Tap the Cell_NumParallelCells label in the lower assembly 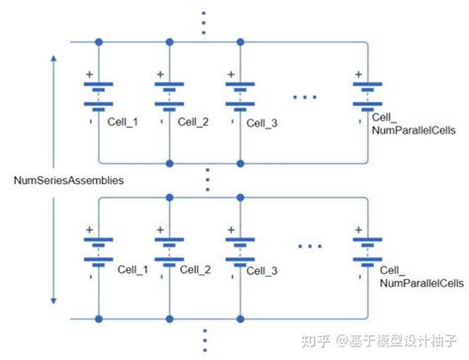(421, 275)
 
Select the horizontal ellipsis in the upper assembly (306, 95)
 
